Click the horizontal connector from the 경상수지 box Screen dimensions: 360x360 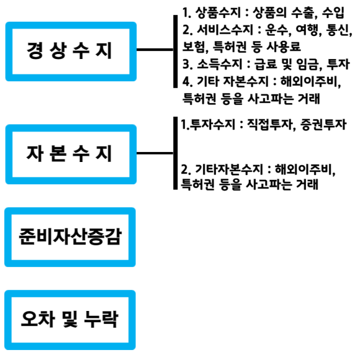155,50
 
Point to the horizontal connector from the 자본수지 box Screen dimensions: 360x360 155,153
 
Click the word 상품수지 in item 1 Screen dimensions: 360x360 218,12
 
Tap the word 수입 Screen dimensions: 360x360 333,12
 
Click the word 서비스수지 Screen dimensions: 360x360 225,30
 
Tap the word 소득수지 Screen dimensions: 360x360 220,64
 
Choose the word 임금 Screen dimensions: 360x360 308,65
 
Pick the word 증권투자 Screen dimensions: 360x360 323,125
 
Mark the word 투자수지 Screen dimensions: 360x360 212,125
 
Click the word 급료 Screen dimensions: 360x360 266,64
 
